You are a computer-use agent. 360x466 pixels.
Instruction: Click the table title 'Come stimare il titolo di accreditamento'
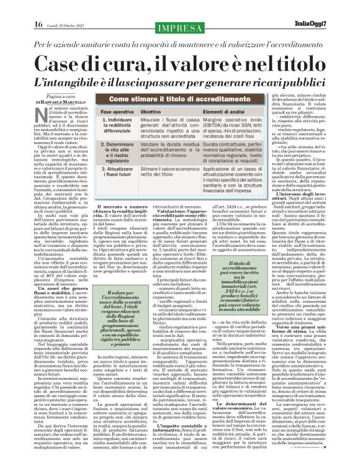click(174, 99)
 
